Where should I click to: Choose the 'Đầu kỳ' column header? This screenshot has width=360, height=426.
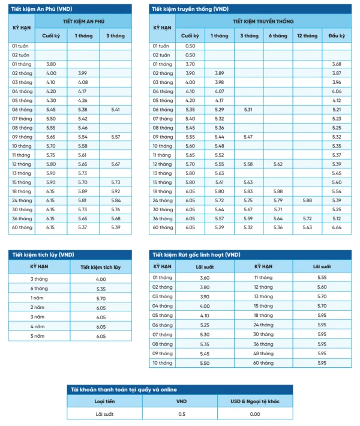tap(336, 36)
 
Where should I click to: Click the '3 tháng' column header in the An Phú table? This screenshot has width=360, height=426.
tap(116, 36)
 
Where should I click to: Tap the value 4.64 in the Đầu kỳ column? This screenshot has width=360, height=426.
tap(336, 227)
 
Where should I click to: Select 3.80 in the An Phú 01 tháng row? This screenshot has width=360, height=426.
tap(51, 64)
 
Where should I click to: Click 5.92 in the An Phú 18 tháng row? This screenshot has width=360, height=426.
tap(116, 191)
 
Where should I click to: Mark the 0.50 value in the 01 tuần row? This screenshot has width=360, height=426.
tap(190, 46)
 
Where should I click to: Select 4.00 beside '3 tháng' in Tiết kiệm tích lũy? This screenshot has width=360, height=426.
tap(100, 280)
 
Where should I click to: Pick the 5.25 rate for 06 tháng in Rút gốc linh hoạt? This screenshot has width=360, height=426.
tap(205, 324)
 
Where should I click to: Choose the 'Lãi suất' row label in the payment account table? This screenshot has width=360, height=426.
tap(105, 413)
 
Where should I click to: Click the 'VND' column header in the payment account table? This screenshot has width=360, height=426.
tap(182, 401)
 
